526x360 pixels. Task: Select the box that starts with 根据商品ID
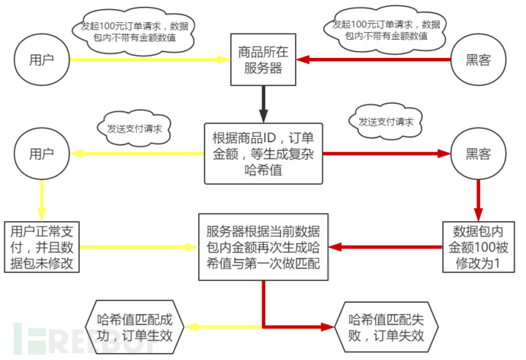click(264, 153)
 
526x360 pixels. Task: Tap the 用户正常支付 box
click(42, 246)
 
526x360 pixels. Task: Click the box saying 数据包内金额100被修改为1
click(478, 246)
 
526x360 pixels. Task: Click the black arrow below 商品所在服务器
click(263, 103)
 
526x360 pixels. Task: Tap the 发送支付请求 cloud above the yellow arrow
click(134, 125)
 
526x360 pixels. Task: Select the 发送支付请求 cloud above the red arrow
click(386, 121)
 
